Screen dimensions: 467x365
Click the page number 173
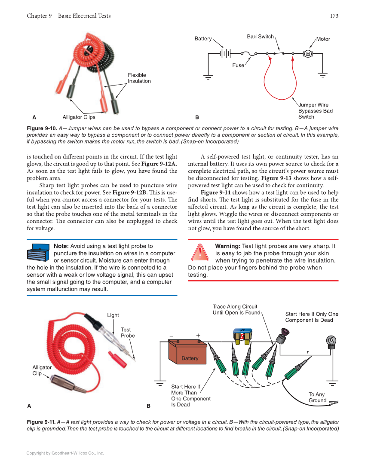[x=334, y=16]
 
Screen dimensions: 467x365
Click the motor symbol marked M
[x=308, y=54]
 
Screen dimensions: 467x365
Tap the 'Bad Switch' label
[x=260, y=37]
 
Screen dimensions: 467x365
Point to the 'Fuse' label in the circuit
[x=238, y=65]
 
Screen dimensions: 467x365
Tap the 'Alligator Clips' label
[x=79, y=117]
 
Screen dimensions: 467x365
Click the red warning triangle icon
[x=199, y=252]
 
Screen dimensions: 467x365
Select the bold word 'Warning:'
[x=227, y=246]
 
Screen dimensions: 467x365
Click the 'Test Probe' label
[x=127, y=333]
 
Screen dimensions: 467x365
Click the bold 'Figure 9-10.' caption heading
[x=41, y=128]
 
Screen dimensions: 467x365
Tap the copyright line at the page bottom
[x=65, y=453]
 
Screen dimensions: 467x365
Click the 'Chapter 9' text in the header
[x=39, y=16]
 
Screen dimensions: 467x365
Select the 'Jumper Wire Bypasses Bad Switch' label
[x=315, y=111]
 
